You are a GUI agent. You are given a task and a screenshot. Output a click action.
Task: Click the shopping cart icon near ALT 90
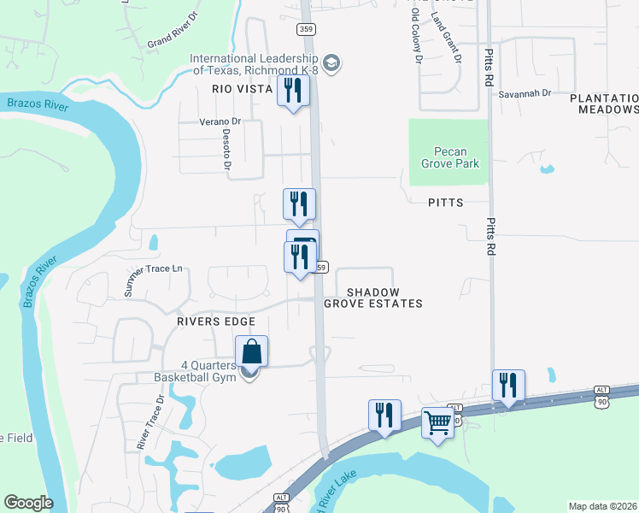(x=438, y=422)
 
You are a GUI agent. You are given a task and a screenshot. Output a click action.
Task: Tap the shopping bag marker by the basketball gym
(x=252, y=351)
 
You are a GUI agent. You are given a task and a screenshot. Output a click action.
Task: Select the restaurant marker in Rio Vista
(x=293, y=90)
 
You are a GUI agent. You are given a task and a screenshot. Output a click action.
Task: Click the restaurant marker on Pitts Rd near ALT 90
(x=508, y=384)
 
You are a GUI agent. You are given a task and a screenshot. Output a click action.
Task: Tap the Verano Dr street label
(x=221, y=121)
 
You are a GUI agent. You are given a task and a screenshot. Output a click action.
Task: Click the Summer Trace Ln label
(x=154, y=280)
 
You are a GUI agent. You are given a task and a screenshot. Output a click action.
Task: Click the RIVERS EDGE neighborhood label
(x=216, y=321)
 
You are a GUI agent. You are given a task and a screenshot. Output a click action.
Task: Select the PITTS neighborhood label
(x=445, y=203)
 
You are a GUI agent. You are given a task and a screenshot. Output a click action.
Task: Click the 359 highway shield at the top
(x=306, y=29)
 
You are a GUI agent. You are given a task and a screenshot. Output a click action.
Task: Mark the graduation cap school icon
(x=332, y=63)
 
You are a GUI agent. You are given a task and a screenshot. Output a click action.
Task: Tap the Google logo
(x=28, y=503)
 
